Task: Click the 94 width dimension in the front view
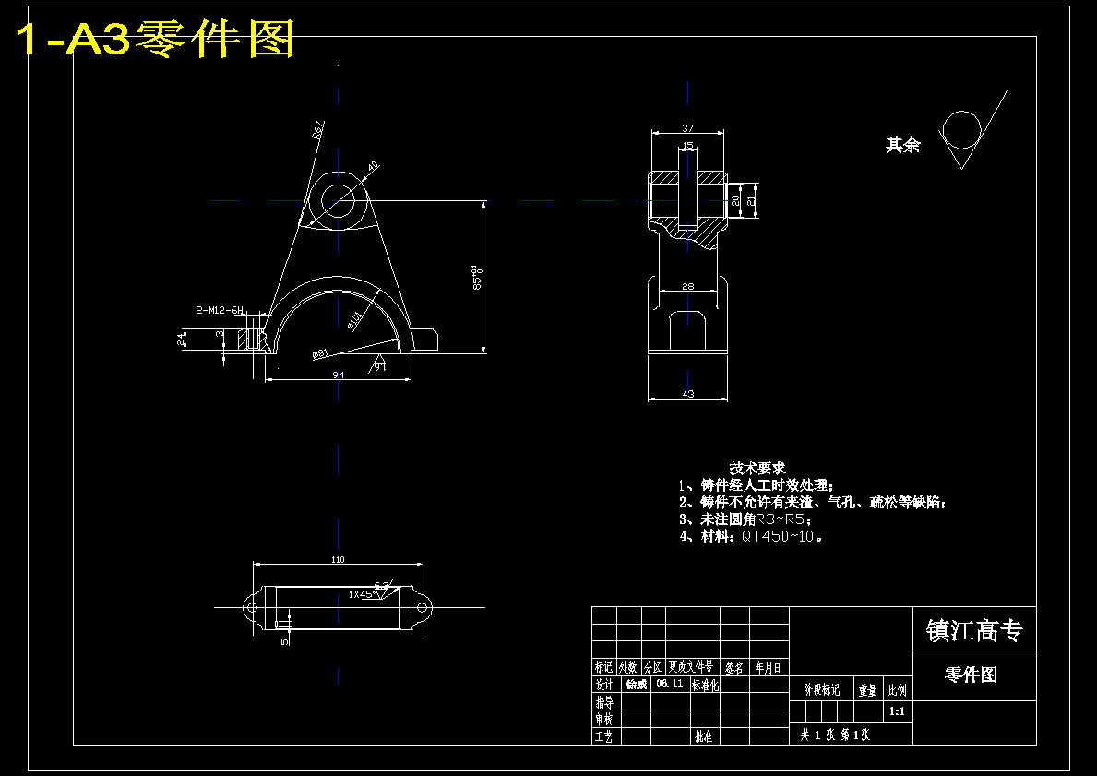click(x=338, y=375)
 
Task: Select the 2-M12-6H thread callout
click(x=219, y=311)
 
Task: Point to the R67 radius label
click(x=318, y=130)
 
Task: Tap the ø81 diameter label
click(x=321, y=352)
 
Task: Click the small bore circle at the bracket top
click(x=339, y=200)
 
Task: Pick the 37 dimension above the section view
click(x=687, y=128)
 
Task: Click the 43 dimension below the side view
click(x=687, y=394)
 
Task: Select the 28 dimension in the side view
click(x=687, y=287)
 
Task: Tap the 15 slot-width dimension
click(x=688, y=146)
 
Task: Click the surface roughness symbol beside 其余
click(x=965, y=133)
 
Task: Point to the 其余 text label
click(x=902, y=145)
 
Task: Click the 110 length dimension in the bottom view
click(x=337, y=559)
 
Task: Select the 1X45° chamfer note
click(x=361, y=595)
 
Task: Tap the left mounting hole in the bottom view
click(x=251, y=607)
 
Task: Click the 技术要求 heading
click(x=757, y=469)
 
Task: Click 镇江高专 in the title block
click(x=973, y=631)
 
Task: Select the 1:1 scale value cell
click(x=896, y=711)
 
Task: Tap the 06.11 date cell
click(x=670, y=685)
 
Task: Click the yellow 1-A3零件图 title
click(x=155, y=41)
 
